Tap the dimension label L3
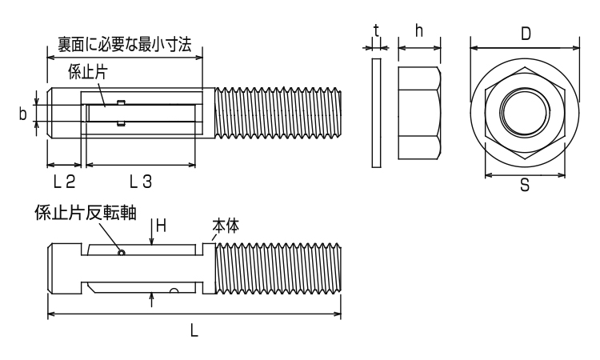[x=140, y=182]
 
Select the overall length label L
[x=194, y=330]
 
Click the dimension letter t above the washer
[x=376, y=31]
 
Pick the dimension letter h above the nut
[x=418, y=31]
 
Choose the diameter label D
[x=526, y=33]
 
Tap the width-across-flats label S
[x=525, y=186]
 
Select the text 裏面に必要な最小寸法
[x=125, y=45]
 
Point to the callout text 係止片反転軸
[x=85, y=213]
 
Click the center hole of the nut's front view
[x=525, y=113]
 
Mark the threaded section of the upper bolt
[x=276, y=114]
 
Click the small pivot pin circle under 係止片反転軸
[x=121, y=254]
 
